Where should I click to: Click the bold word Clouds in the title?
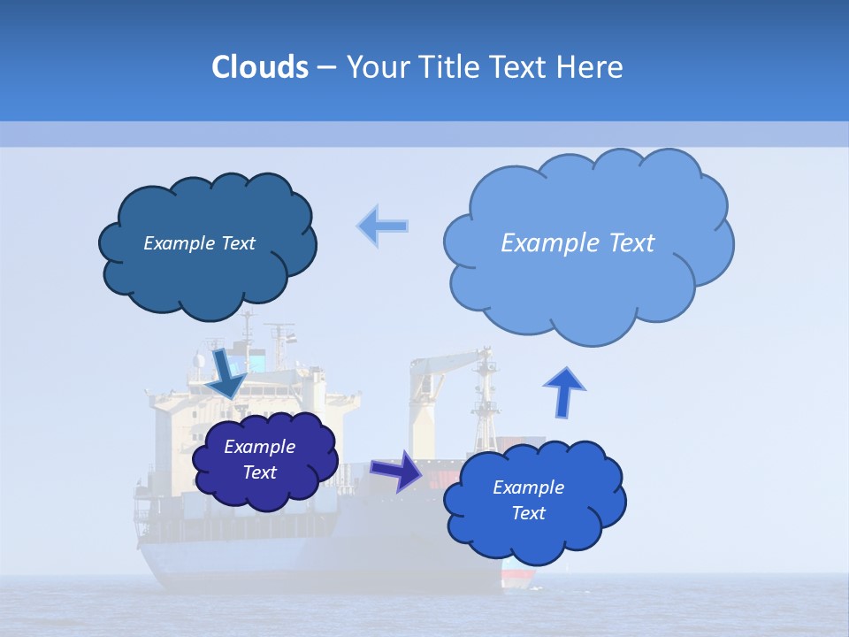pos(259,67)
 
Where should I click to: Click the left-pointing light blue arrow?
pos(383,226)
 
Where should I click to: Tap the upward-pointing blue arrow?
pos(563,389)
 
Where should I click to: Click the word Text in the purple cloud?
pos(260,472)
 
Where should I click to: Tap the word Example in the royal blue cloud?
pos(528,487)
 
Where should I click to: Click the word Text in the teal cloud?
pos(237,243)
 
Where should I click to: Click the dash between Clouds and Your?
pos(326,67)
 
